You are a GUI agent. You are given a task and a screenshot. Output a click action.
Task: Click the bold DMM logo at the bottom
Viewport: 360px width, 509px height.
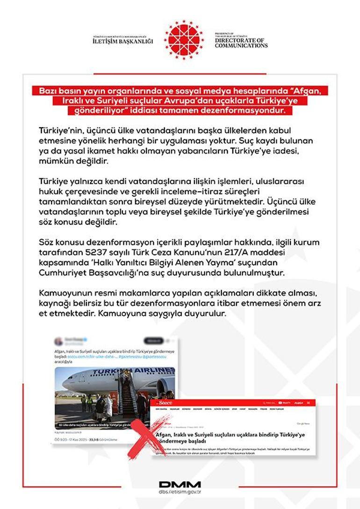(x=180, y=485)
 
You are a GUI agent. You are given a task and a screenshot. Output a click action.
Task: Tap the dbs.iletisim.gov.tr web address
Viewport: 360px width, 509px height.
(x=180, y=492)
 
